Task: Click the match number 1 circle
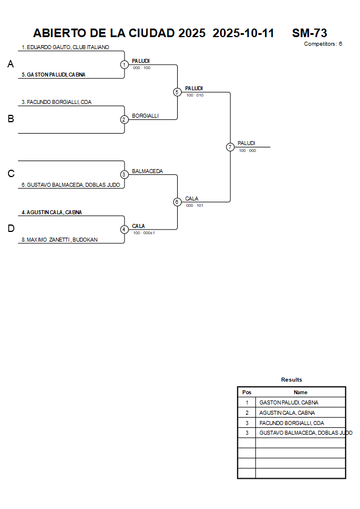click(125, 65)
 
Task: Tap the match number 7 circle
click(230, 147)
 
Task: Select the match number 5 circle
click(177, 92)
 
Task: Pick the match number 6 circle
click(177, 202)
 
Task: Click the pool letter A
click(10, 65)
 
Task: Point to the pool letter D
click(10, 229)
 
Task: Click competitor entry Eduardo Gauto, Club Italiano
click(65, 47)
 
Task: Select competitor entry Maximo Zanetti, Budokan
click(59, 240)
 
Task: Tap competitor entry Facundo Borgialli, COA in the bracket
click(57, 102)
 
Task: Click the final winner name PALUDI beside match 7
click(246, 143)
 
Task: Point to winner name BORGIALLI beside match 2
click(145, 116)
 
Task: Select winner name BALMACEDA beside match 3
click(147, 171)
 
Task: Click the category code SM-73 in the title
click(309, 33)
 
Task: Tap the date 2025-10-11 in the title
click(243, 33)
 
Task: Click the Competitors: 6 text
click(323, 44)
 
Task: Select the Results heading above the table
click(291, 380)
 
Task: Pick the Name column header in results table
click(301, 392)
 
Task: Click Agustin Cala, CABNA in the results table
click(287, 413)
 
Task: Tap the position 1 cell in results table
click(247, 403)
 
